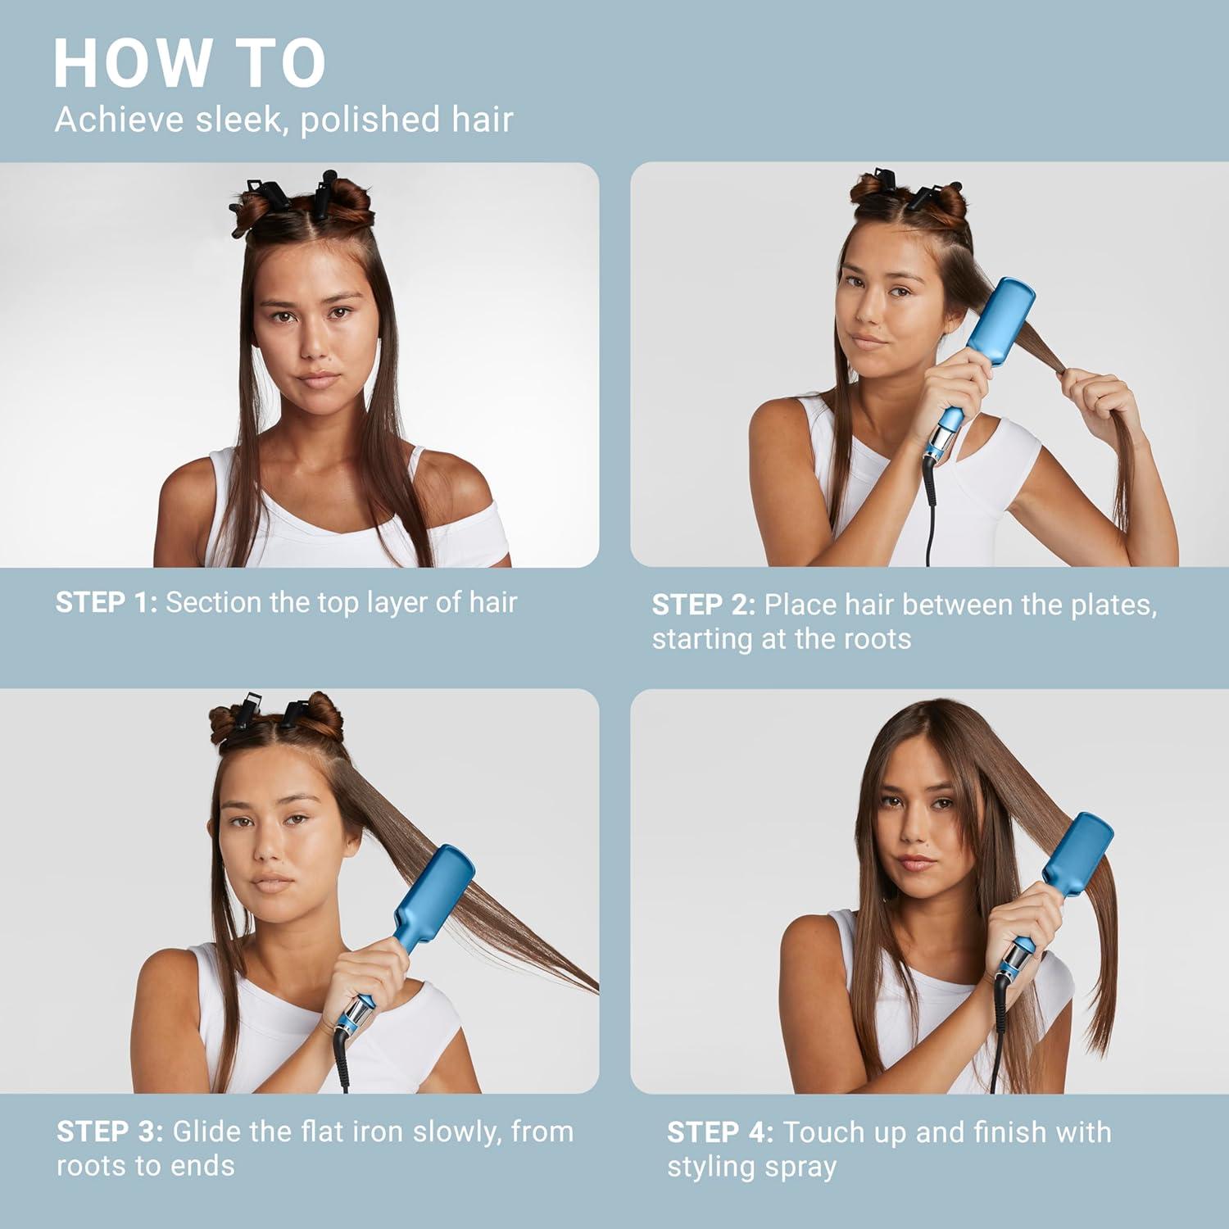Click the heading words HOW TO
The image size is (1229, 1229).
tap(189, 64)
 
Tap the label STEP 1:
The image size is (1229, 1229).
tap(106, 603)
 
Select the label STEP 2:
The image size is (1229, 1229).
tap(703, 605)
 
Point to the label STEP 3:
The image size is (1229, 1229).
tap(110, 1132)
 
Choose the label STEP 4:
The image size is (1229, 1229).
tap(719, 1132)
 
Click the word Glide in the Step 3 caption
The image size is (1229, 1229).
tap(207, 1132)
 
